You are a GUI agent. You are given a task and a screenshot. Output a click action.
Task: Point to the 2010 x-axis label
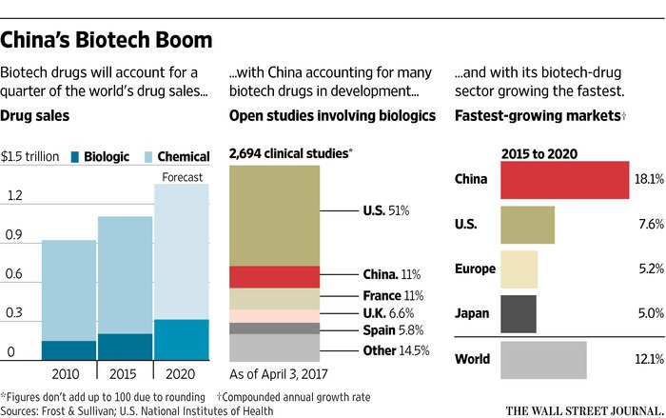pyautogui.click(x=69, y=372)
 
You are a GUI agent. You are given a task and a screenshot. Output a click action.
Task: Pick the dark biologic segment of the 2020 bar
pyautogui.click(x=181, y=339)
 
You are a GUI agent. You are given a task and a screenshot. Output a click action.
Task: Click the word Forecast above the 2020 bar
pyautogui.click(x=182, y=176)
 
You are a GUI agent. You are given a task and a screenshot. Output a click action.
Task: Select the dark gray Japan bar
pyautogui.click(x=518, y=312)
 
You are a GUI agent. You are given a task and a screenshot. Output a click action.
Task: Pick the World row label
pyautogui.click(x=473, y=359)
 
